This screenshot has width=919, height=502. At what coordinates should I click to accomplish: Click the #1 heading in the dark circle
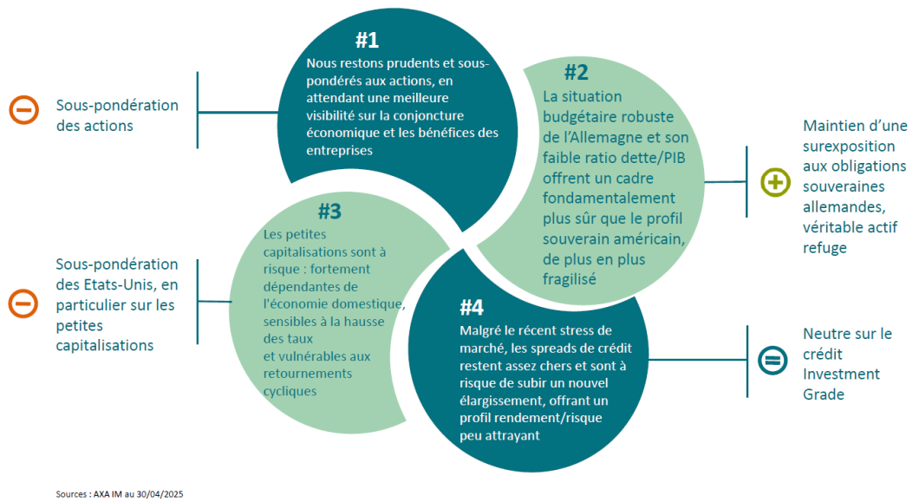(x=367, y=40)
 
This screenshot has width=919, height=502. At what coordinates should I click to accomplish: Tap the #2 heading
(x=577, y=72)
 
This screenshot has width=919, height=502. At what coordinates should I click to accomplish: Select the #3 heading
(x=329, y=212)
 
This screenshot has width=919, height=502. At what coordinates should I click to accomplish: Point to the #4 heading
(x=472, y=307)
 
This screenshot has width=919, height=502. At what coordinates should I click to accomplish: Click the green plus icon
(x=775, y=182)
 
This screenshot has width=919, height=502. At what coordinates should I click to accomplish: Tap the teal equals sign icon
(x=772, y=360)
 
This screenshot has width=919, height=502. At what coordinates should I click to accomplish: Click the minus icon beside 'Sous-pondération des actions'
(x=24, y=110)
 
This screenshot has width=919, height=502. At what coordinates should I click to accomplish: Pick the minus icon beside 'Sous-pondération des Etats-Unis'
(x=23, y=303)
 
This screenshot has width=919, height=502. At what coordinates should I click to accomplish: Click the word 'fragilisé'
(x=569, y=279)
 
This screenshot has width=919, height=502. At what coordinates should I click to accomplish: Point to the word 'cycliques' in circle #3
(x=290, y=391)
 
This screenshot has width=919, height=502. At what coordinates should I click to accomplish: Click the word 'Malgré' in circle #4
(x=478, y=330)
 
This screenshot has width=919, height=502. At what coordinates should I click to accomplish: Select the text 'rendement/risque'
(x=557, y=418)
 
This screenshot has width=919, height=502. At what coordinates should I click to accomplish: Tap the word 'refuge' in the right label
(x=824, y=247)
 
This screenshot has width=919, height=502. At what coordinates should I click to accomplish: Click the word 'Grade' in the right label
(x=824, y=394)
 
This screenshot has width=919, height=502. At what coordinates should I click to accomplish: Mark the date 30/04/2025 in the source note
(x=160, y=494)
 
